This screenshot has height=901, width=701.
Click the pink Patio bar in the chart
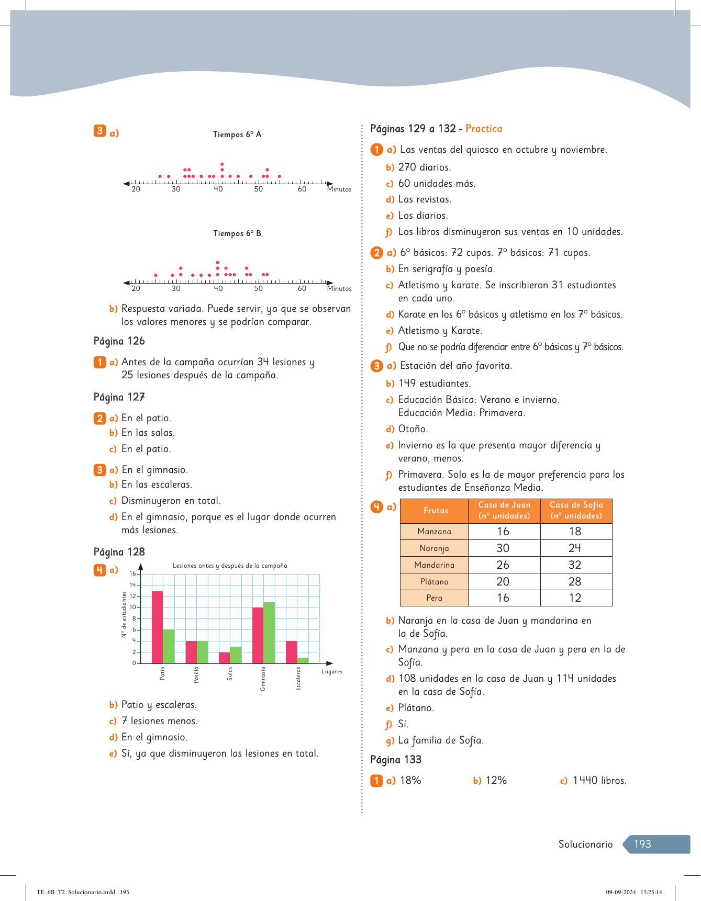157,627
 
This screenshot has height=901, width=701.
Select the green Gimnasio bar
269,633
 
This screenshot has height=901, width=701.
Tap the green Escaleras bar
303,660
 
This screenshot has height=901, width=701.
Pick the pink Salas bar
224,658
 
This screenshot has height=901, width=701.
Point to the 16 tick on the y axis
132,574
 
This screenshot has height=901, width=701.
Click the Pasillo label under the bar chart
196,674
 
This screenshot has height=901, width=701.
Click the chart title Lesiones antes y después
230,566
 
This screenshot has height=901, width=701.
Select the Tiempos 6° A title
237,134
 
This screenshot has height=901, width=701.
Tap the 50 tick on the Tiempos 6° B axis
259,288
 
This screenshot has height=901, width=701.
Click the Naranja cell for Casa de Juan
503,548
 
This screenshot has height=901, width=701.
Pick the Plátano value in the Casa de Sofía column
575,581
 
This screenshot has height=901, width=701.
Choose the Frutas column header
436,511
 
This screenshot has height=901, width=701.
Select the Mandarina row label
434,565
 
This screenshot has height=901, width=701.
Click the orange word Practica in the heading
484,129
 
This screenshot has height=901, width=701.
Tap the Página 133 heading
396,760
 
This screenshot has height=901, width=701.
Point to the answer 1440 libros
599,781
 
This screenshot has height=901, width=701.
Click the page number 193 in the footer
642,844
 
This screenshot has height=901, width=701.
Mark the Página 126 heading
119,341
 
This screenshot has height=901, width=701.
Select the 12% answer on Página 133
496,781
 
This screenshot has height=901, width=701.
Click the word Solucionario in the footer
585,844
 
